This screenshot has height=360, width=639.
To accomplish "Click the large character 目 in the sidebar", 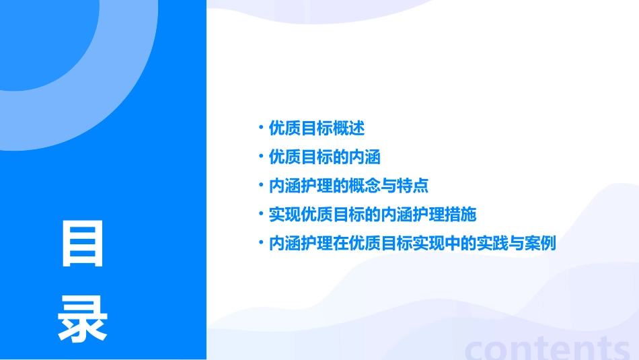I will click(x=83, y=244).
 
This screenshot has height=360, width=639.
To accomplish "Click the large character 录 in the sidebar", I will click(x=83, y=320).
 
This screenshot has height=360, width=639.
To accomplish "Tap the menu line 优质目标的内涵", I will click(x=325, y=157).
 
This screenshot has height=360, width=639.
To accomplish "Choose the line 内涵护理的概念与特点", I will click(x=348, y=186).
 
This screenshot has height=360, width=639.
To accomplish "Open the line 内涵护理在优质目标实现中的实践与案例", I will click(x=412, y=243).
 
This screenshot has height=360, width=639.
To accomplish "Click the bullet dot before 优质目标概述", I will click(x=260, y=127).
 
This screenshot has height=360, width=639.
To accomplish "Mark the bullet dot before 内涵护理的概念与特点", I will click(x=260, y=185).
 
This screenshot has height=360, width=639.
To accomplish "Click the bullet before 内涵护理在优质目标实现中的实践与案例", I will click(x=260, y=242).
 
